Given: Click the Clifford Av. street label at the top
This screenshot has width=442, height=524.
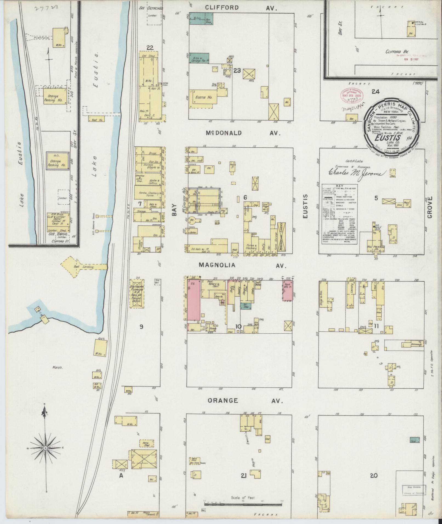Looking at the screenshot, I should click(241, 8).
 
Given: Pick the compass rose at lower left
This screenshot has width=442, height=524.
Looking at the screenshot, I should click(45, 448).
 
